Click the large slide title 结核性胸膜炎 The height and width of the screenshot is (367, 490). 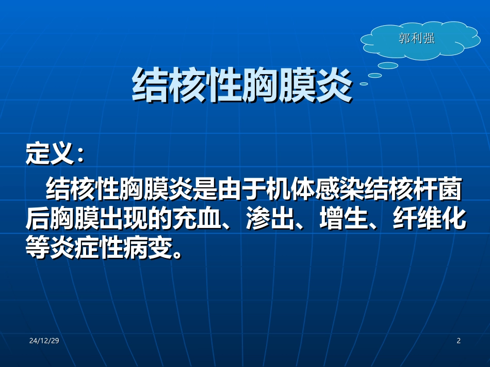pos(242,85)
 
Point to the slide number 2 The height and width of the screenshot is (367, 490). pos(459,341)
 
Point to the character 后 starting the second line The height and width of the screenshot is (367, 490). pos(37,218)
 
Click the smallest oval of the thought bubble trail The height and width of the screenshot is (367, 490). pos(364,83)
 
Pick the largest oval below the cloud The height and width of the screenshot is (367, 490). pos(388,65)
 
